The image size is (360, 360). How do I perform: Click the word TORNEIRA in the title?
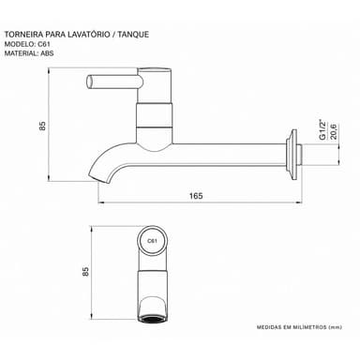[x=23, y=35]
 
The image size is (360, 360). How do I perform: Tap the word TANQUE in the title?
[x=133, y=35]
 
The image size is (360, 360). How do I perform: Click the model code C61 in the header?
[x=44, y=44]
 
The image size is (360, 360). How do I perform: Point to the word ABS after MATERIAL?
[x=47, y=53]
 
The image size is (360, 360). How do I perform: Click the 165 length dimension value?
[x=196, y=196]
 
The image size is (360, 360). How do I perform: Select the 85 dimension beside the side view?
[x=42, y=126]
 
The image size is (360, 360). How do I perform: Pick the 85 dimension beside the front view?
[x=85, y=271]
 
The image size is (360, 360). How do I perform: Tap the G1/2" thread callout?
[x=322, y=129]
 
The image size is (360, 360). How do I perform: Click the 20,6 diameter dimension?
[x=333, y=131]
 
